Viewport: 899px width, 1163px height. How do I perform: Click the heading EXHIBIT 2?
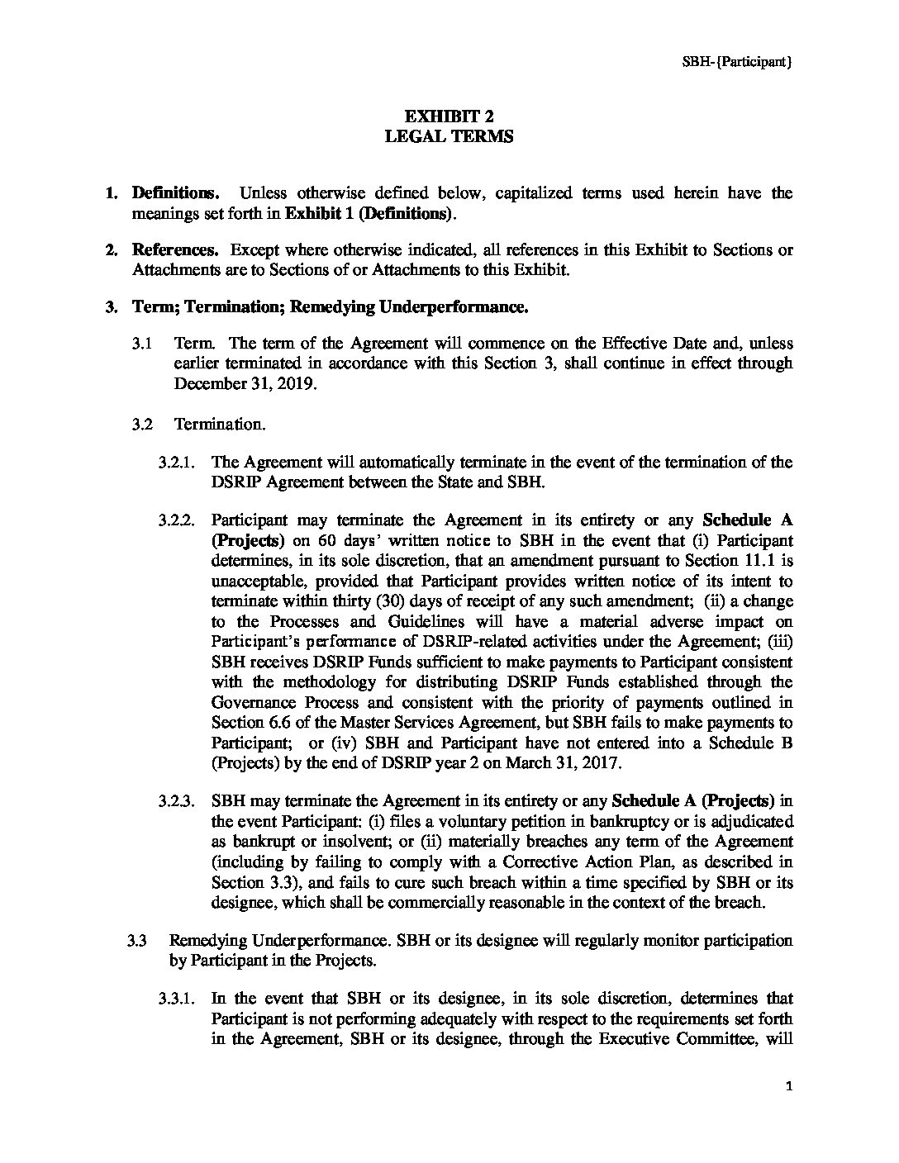(x=449, y=116)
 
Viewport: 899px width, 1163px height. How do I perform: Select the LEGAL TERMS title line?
(x=449, y=137)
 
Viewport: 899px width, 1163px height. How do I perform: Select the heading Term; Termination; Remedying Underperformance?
(x=330, y=307)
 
